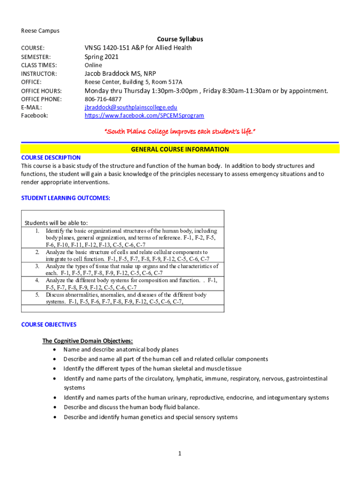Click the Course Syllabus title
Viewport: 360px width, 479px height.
[180, 39]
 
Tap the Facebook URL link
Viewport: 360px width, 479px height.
[144, 116]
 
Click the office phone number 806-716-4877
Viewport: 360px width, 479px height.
[103, 99]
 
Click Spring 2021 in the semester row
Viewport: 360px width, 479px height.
[101, 57]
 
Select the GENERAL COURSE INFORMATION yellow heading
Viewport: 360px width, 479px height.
[180, 150]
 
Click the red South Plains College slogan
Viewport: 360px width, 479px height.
[180, 131]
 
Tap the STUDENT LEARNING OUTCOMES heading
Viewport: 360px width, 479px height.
[66, 198]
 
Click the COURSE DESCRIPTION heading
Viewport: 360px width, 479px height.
[51, 158]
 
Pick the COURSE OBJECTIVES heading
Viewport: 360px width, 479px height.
[49, 325]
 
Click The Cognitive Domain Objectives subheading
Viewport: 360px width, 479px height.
[87, 341]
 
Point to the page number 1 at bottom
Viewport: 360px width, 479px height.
[180, 453]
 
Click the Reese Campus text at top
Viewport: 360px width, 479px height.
[40, 31]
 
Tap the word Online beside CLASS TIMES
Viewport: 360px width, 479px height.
[93, 65]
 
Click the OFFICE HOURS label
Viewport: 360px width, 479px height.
[42, 91]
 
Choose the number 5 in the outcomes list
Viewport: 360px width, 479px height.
[37, 295]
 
